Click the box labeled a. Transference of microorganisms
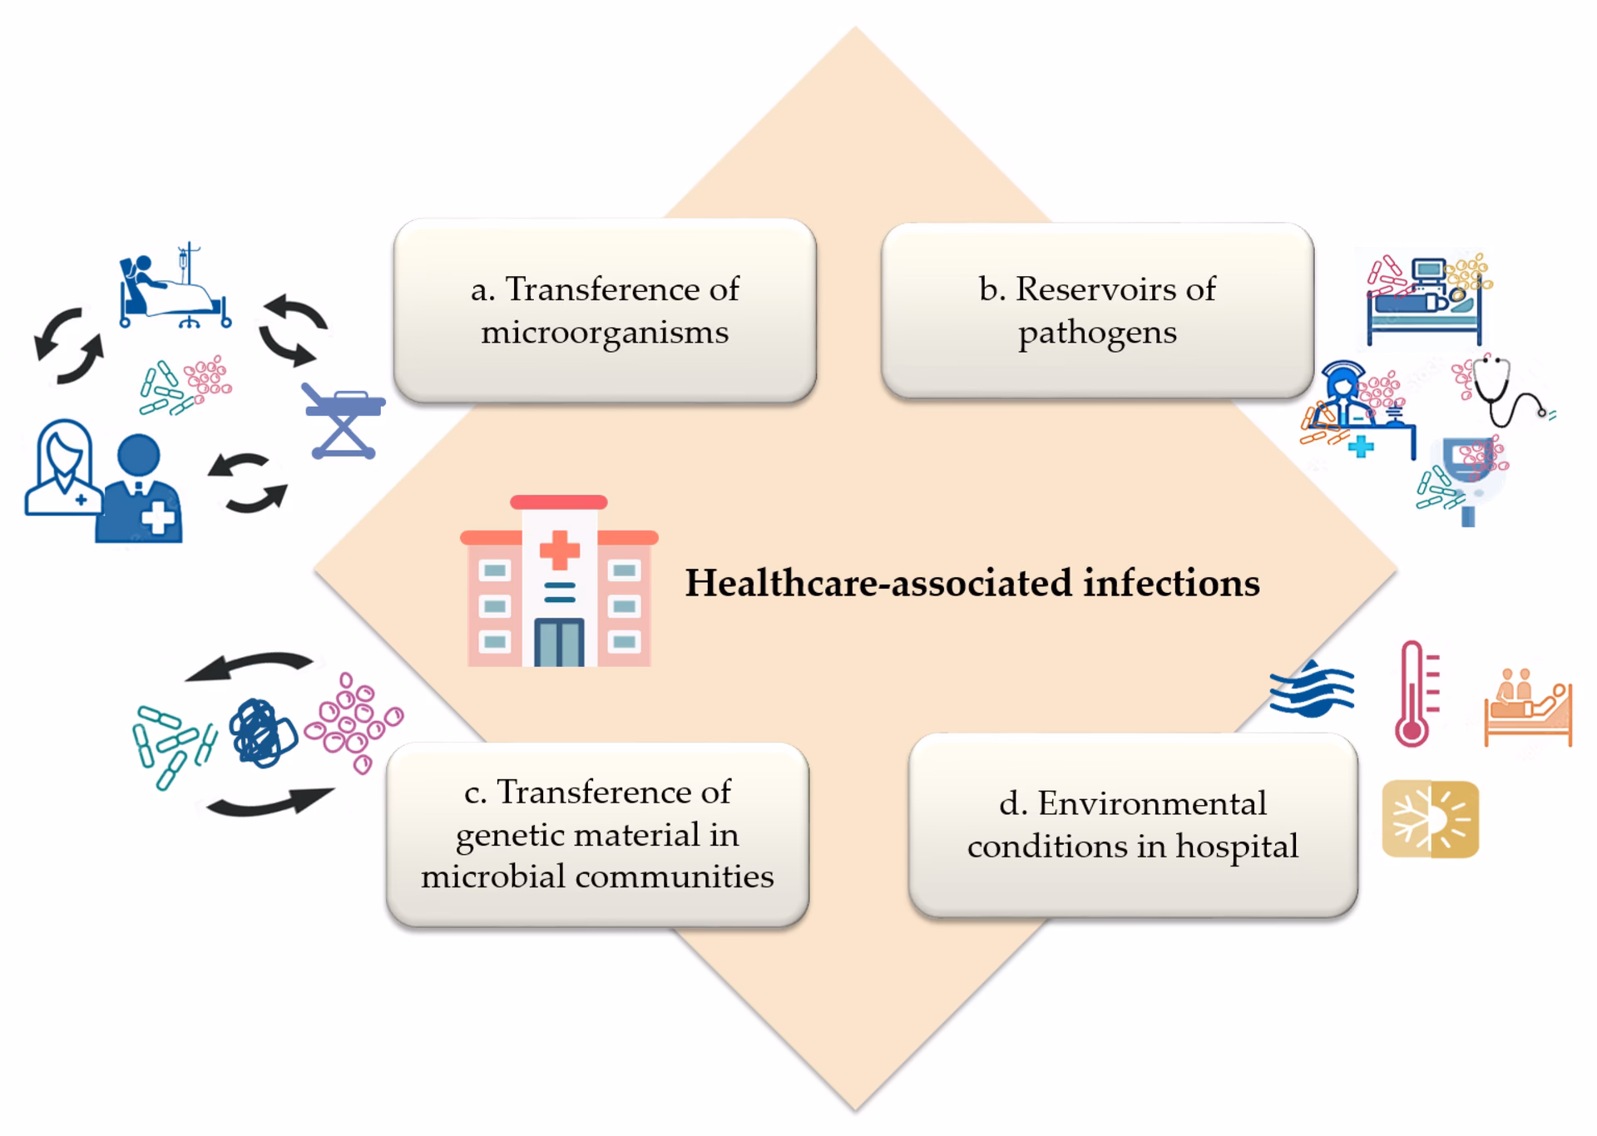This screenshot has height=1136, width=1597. (605, 310)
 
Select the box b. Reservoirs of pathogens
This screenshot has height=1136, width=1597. (1097, 310)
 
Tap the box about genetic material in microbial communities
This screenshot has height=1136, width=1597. (597, 834)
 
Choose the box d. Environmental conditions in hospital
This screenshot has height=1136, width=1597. (1132, 825)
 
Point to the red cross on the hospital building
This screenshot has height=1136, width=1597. (560, 551)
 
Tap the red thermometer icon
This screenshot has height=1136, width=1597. (1414, 694)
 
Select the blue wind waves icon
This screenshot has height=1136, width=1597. (1312, 689)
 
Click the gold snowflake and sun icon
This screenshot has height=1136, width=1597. (1430, 819)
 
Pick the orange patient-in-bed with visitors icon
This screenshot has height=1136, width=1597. (1528, 708)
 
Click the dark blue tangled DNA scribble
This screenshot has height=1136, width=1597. (263, 733)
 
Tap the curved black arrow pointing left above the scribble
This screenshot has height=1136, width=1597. (250, 665)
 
